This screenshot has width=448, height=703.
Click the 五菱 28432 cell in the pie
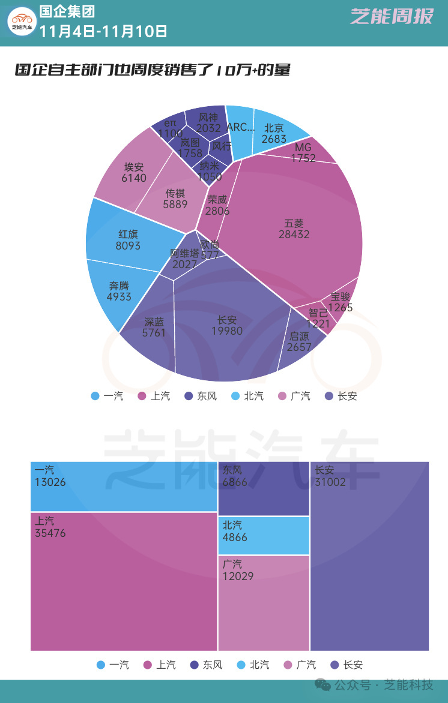click(x=294, y=229)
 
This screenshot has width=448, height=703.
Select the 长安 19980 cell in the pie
click(x=227, y=326)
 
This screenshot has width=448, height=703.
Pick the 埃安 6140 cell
click(x=134, y=172)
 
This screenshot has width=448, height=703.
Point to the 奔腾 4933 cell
click(x=119, y=291)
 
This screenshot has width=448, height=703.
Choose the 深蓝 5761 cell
click(x=154, y=327)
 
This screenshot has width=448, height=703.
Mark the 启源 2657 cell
click(x=299, y=342)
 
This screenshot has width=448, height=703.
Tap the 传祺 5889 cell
click(x=175, y=199)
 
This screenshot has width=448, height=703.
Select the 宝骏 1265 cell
click(x=341, y=302)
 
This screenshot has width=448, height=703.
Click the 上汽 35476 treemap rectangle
click(x=124, y=581)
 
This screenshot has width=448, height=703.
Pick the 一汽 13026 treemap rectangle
click(x=124, y=486)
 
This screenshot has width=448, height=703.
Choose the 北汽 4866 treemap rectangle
click(x=264, y=535)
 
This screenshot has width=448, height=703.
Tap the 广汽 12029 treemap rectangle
click(x=264, y=602)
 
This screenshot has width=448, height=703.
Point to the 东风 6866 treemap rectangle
click(x=264, y=488)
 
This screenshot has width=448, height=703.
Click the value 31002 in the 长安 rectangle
click(x=330, y=482)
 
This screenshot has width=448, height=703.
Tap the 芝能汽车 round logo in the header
click(x=22, y=22)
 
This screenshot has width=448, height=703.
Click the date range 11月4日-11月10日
click(x=103, y=31)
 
